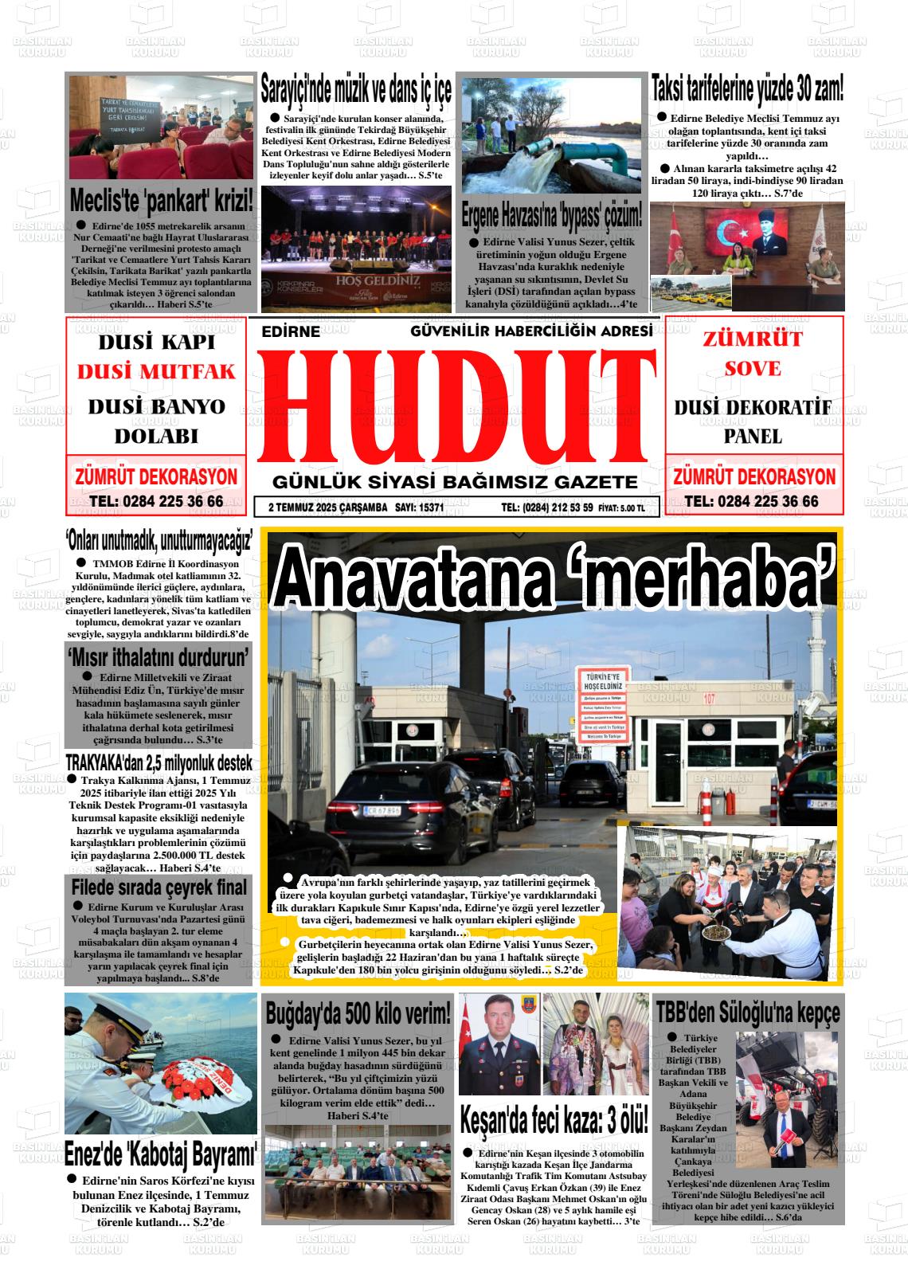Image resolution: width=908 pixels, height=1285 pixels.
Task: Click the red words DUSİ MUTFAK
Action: tap(157, 371)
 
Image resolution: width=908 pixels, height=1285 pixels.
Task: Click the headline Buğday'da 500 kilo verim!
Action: tap(358, 1013)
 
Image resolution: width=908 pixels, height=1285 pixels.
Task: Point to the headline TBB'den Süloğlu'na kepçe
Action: tap(747, 1013)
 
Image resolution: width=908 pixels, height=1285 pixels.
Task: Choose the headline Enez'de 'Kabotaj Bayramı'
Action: tap(160, 1152)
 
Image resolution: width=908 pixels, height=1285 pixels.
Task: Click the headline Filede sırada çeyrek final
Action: tap(159, 887)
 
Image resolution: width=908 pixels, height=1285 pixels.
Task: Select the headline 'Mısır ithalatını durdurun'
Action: tap(159, 656)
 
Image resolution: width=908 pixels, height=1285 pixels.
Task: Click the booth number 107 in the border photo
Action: tap(709, 699)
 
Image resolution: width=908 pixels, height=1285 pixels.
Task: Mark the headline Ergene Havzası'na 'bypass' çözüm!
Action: tap(552, 215)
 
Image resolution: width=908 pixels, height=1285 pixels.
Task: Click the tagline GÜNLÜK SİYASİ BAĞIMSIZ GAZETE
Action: tap(455, 482)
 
